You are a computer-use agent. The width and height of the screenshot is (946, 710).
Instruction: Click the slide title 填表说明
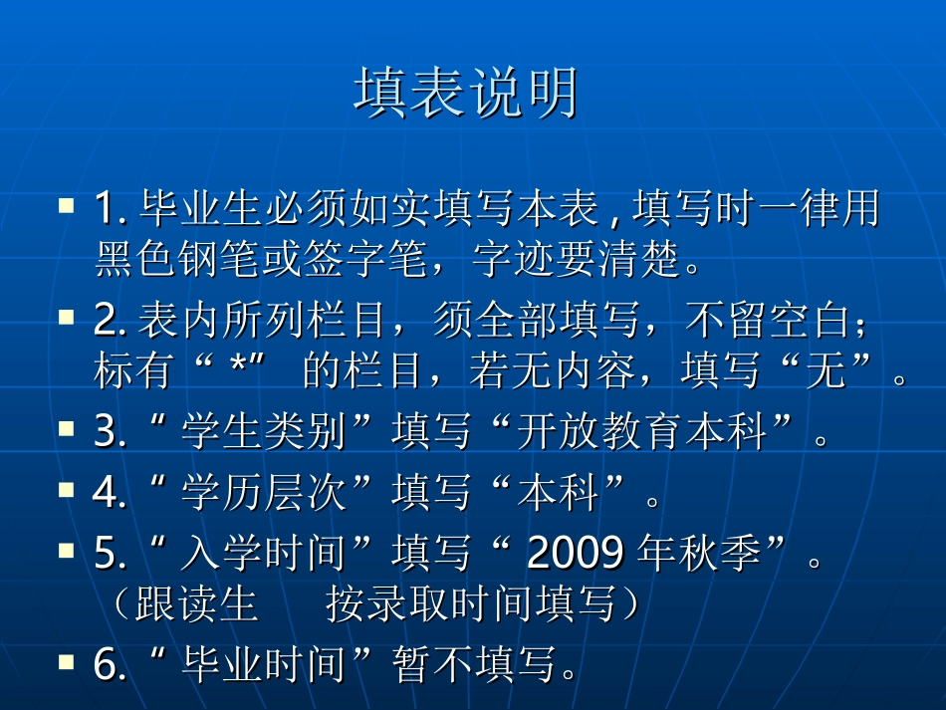[466, 95]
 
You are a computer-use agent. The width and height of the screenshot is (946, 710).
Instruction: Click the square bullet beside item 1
[67, 206]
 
